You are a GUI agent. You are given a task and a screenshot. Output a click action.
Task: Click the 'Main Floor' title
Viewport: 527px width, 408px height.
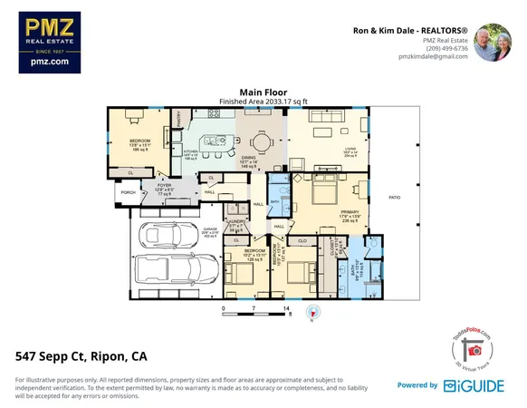click(x=263, y=92)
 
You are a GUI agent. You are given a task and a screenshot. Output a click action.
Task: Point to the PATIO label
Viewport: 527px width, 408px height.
click(x=394, y=197)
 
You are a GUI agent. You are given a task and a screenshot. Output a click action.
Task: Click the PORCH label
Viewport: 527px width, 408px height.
click(x=128, y=192)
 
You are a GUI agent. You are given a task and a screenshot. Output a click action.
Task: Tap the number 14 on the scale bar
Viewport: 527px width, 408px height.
click(x=287, y=309)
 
